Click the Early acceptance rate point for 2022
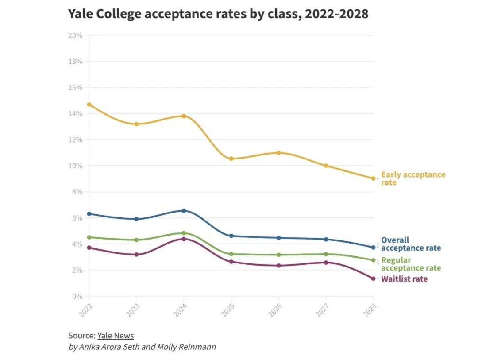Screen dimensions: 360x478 tap(89, 105)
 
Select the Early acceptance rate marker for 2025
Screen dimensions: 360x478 tap(231, 159)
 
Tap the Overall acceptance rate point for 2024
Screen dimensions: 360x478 tap(184, 211)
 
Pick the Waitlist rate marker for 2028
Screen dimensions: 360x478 tap(373, 279)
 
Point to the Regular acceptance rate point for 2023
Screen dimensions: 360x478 tap(136, 240)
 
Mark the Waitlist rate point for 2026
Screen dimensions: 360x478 tap(278, 266)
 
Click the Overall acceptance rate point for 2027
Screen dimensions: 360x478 tap(326, 239)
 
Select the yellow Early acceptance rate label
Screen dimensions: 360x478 tap(413, 178)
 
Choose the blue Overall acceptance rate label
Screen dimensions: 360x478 tap(411, 244)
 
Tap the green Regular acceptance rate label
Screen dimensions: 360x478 tap(411, 264)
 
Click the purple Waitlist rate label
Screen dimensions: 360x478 tap(404, 279)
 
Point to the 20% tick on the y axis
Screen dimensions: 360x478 tap(75, 35)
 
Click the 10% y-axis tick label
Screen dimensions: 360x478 tap(75, 166)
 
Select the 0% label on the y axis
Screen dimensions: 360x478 tap(77, 296)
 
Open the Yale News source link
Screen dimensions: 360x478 tap(116, 336)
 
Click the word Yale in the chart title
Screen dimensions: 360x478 tap(81, 14)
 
